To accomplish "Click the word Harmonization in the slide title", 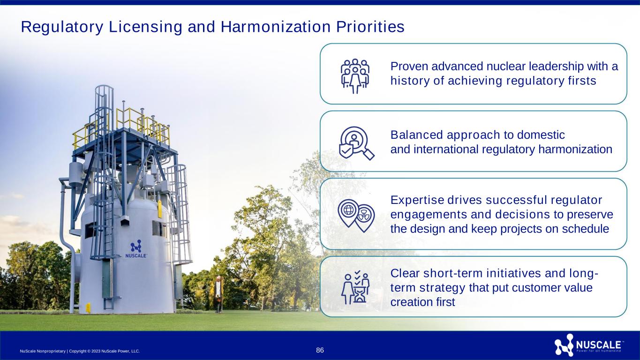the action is (275, 27).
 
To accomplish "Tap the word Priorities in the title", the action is (370, 27).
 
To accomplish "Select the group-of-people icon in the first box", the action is (355, 76).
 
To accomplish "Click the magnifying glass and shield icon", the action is (356, 143).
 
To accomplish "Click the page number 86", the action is (320, 350).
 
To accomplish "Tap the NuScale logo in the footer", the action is (588, 345).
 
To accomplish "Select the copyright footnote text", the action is (80, 351).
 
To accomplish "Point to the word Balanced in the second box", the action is (416, 135).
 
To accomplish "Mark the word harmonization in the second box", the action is (575, 149).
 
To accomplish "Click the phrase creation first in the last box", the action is (422, 302).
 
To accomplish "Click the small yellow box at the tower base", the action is (88, 308).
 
